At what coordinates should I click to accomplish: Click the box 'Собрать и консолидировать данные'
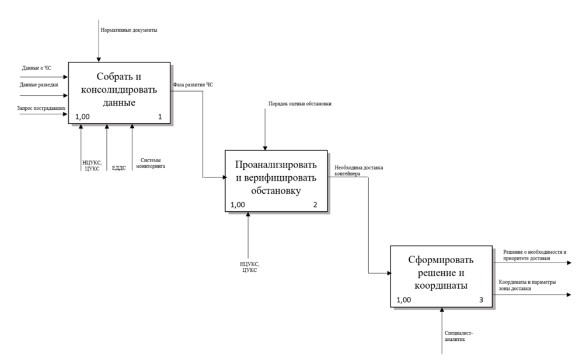point(120,92)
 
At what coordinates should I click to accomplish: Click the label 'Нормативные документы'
point(129,29)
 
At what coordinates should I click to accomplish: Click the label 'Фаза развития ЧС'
point(193,85)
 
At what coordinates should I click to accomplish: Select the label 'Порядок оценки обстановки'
point(300,104)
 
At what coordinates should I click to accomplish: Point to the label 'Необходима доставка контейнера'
point(358,170)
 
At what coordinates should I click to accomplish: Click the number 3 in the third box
point(480,300)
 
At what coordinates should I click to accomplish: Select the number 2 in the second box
point(315,205)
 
